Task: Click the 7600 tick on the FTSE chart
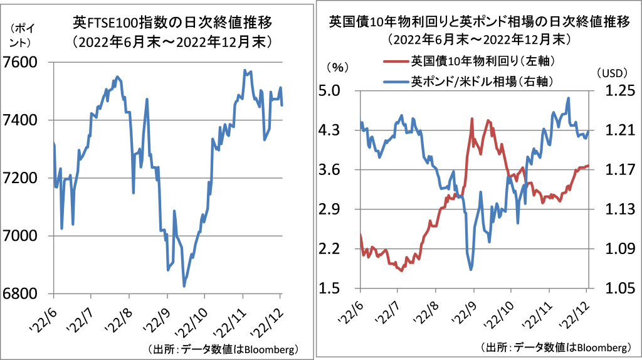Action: [x=26, y=63]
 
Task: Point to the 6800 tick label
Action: [x=26, y=294]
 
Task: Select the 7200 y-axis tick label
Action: [x=26, y=178]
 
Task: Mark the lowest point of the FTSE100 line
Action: [x=184, y=286]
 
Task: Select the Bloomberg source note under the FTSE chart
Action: [x=223, y=348]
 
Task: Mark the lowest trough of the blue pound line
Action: [x=470, y=270]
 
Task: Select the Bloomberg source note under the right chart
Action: [x=555, y=347]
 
